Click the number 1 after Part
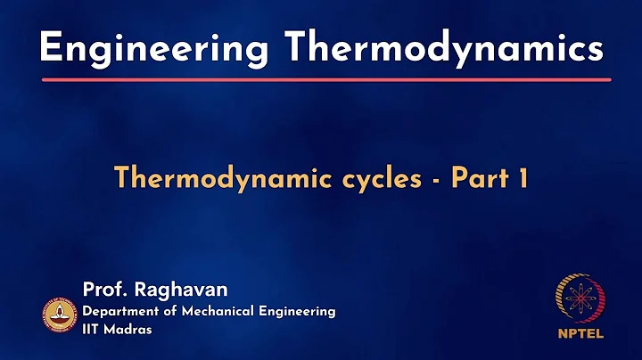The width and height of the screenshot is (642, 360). pyautogui.click(x=523, y=178)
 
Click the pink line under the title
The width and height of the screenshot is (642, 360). pyautogui.click(x=321, y=80)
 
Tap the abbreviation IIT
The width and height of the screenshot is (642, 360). pyautogui.click(x=93, y=329)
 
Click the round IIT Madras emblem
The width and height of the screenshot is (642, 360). pyautogui.click(x=60, y=314)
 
